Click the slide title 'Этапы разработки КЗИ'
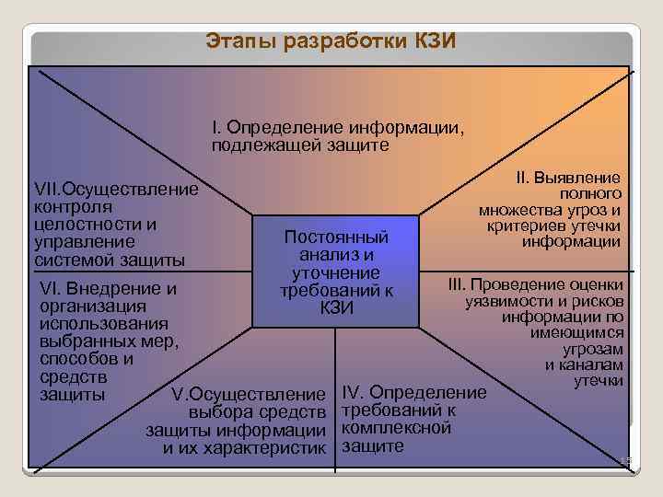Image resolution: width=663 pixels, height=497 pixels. [x=331, y=42]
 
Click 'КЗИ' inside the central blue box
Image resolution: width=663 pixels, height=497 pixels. [x=337, y=307]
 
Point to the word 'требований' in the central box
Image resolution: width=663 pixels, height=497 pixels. [x=330, y=291]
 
